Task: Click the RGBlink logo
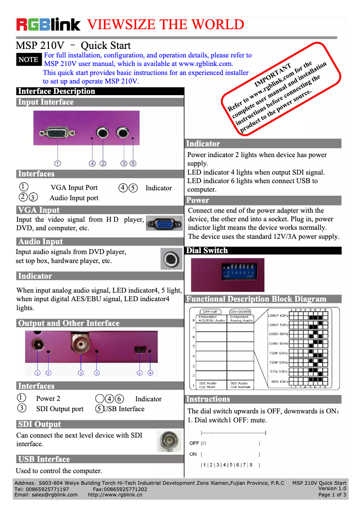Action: [48, 24]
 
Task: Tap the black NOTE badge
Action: [28, 60]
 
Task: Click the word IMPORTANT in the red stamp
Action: [273, 76]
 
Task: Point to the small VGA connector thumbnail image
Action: [164, 223]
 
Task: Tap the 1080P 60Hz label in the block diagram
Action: [278, 316]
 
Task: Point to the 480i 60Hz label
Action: [278, 382]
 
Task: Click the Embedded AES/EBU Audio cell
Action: [212, 319]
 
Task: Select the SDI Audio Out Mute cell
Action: [208, 385]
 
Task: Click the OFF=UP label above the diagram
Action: [210, 312]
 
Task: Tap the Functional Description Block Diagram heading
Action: [256, 299]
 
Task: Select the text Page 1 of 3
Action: [332, 495]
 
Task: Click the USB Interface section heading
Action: [44, 459]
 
